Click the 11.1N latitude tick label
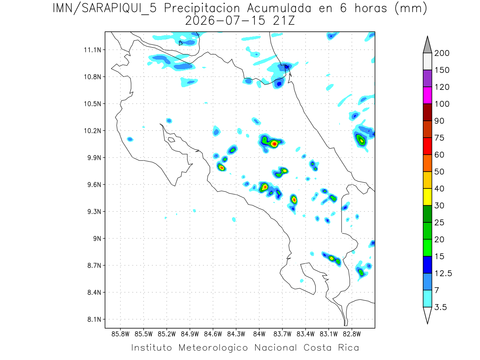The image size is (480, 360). coord(92,50)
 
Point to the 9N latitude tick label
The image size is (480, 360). coord(97,238)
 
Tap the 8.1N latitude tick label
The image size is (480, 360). coord(94,319)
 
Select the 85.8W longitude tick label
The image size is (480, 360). coord(120,334)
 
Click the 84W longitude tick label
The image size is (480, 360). coord(259,334)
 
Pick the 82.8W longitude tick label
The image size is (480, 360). coord(352,334)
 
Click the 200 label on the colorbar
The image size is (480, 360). coord(442,53)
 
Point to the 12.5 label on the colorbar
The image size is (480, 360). coord(443,274)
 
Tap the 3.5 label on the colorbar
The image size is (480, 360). coord(440,307)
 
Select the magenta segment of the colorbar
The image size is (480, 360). coord(427,95)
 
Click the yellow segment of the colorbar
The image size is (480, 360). coord(427,197)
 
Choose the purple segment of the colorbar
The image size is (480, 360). coord(427,78)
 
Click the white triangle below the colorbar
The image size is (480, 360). coord(427,314)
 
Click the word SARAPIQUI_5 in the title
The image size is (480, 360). coord(119,9)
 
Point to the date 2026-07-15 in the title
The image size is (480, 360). coord(225,21)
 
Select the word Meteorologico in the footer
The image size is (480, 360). coord(213,348)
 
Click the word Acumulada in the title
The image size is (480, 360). coord(279,8)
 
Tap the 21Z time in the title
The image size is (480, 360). coord(284,21)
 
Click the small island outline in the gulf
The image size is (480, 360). coord(172,140)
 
